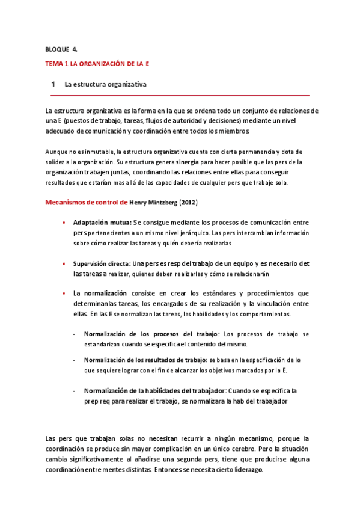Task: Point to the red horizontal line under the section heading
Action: click(x=180, y=95)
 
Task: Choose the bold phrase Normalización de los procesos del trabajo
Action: click(x=151, y=334)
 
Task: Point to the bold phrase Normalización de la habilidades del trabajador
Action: click(x=154, y=390)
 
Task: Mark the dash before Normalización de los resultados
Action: click(x=74, y=360)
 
